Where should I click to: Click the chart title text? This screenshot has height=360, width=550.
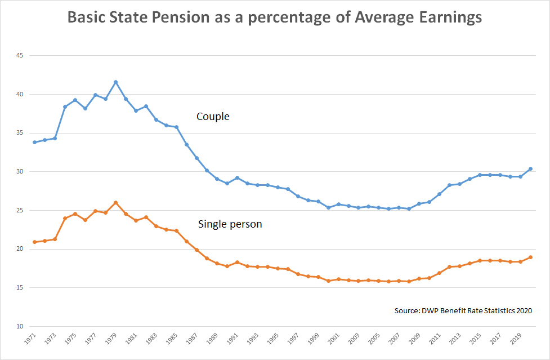pos(275,17)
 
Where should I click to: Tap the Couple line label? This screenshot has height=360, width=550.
pos(213,117)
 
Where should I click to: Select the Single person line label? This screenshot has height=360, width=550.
pos(230,224)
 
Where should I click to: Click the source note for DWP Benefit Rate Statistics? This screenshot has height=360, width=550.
pos(463,310)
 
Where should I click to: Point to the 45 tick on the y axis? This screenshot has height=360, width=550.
pos(19,56)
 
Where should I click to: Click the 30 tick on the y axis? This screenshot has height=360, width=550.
pos(19,172)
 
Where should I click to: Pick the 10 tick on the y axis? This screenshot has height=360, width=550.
pos(19,327)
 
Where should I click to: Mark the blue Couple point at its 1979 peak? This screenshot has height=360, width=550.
pos(115,82)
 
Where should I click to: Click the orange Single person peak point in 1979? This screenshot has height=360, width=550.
pos(115,203)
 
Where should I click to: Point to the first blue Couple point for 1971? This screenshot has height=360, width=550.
pos(34,142)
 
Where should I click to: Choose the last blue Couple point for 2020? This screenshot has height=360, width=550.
pos(531,169)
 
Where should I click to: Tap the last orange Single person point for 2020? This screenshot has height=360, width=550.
pos(531,257)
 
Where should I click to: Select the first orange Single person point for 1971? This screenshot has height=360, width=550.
pos(34,242)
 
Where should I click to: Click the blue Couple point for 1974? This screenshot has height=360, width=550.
pos(65,107)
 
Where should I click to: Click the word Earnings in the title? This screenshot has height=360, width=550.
pos(444,17)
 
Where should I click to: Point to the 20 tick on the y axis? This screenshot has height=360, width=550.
pos(19,249)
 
